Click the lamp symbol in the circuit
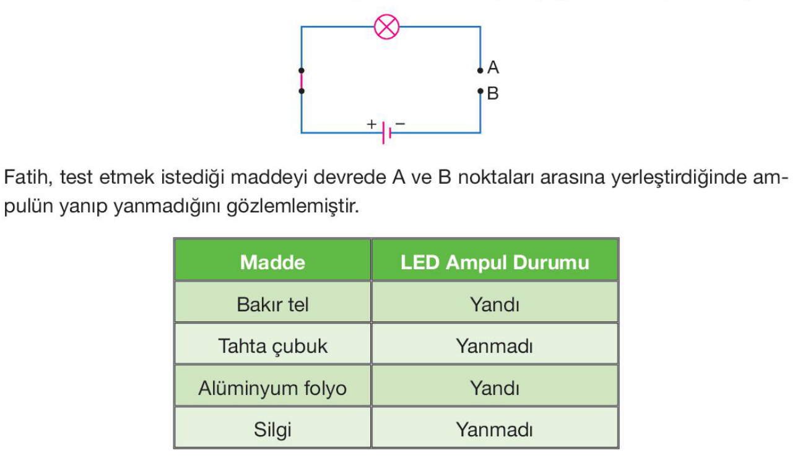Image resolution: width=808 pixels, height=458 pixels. [388, 27]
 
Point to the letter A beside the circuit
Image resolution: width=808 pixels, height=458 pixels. [493, 67]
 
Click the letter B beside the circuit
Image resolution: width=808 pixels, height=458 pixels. [493, 94]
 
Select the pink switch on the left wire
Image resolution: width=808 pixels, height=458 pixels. [302, 81]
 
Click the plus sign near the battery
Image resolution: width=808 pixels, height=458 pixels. [371, 124]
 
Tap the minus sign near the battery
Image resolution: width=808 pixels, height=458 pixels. [400, 124]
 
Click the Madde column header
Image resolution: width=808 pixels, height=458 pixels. [272, 262]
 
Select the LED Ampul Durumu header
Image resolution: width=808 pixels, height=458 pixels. [494, 262]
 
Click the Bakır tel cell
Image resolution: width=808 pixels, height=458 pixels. [272, 305]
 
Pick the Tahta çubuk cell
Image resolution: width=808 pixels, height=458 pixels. [272, 346]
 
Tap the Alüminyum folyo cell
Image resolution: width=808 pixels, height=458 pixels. [272, 389]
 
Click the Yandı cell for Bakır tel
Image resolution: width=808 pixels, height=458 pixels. [494, 305]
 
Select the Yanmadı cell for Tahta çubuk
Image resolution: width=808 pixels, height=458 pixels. [494, 346]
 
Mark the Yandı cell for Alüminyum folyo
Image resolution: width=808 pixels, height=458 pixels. [494, 389]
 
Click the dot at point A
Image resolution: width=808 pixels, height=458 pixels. [480, 71]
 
